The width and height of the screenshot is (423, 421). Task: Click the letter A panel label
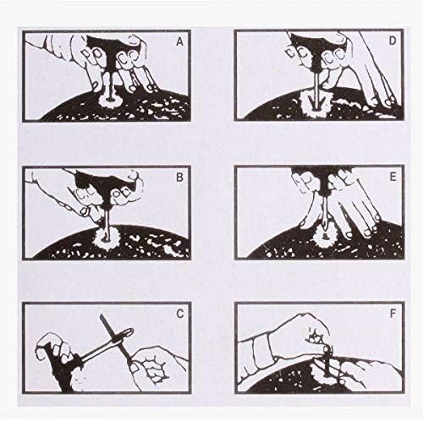point(179,42)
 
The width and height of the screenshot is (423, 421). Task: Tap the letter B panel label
point(179,178)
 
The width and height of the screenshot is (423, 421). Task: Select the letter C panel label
point(179,314)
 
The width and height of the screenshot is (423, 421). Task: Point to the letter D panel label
point(393,41)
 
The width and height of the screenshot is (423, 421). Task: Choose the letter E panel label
point(393,178)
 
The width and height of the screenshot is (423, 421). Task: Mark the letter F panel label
point(393,314)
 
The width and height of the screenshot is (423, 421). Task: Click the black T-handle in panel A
point(110,51)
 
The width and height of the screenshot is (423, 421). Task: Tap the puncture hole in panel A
point(110,99)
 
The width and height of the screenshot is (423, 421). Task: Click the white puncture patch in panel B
point(107,239)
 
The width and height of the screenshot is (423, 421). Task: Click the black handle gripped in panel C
point(61,366)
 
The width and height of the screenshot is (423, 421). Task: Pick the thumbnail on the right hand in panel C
point(134,369)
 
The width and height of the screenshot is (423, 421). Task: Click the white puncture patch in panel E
point(324,236)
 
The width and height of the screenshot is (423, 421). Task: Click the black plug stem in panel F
point(327,362)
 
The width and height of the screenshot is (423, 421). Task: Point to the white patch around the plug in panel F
point(324,374)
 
